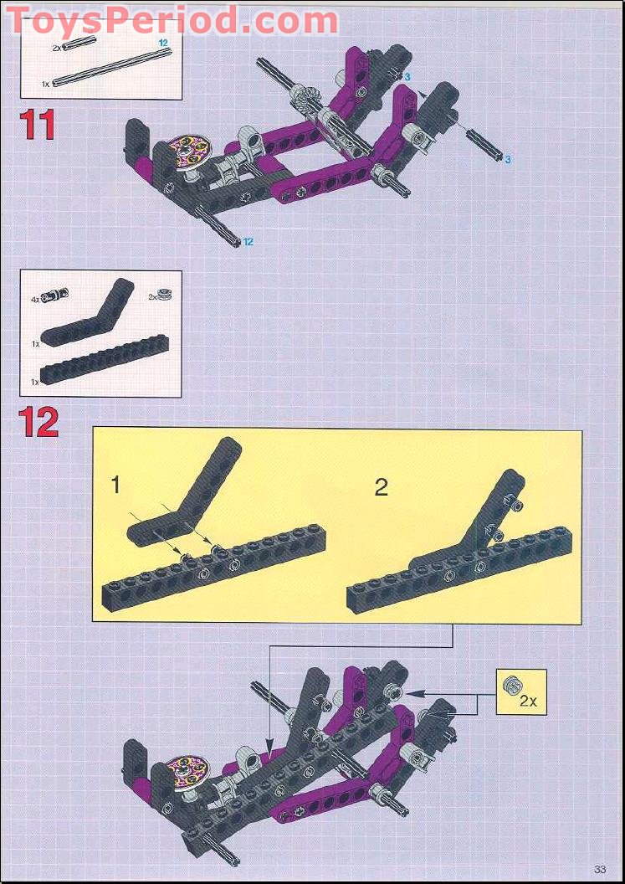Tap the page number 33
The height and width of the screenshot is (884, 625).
point(600,867)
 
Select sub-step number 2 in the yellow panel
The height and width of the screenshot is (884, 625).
point(381,487)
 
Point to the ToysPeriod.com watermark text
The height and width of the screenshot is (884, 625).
point(172,19)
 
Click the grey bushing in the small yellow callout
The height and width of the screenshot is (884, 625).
point(510,686)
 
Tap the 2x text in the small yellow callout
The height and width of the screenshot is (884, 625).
point(527,702)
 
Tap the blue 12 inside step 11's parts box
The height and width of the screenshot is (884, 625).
point(165,41)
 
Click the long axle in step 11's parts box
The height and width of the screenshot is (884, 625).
point(111,67)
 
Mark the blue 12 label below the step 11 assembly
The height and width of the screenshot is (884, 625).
point(248,242)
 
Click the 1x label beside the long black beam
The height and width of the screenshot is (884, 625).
point(35,381)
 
